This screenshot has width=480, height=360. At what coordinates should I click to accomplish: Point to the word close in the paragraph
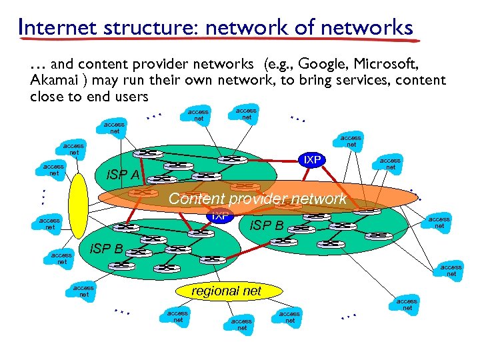[47, 97]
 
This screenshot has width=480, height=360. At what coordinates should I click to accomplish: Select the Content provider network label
[257, 199]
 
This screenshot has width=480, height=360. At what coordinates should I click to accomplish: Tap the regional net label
[227, 291]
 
